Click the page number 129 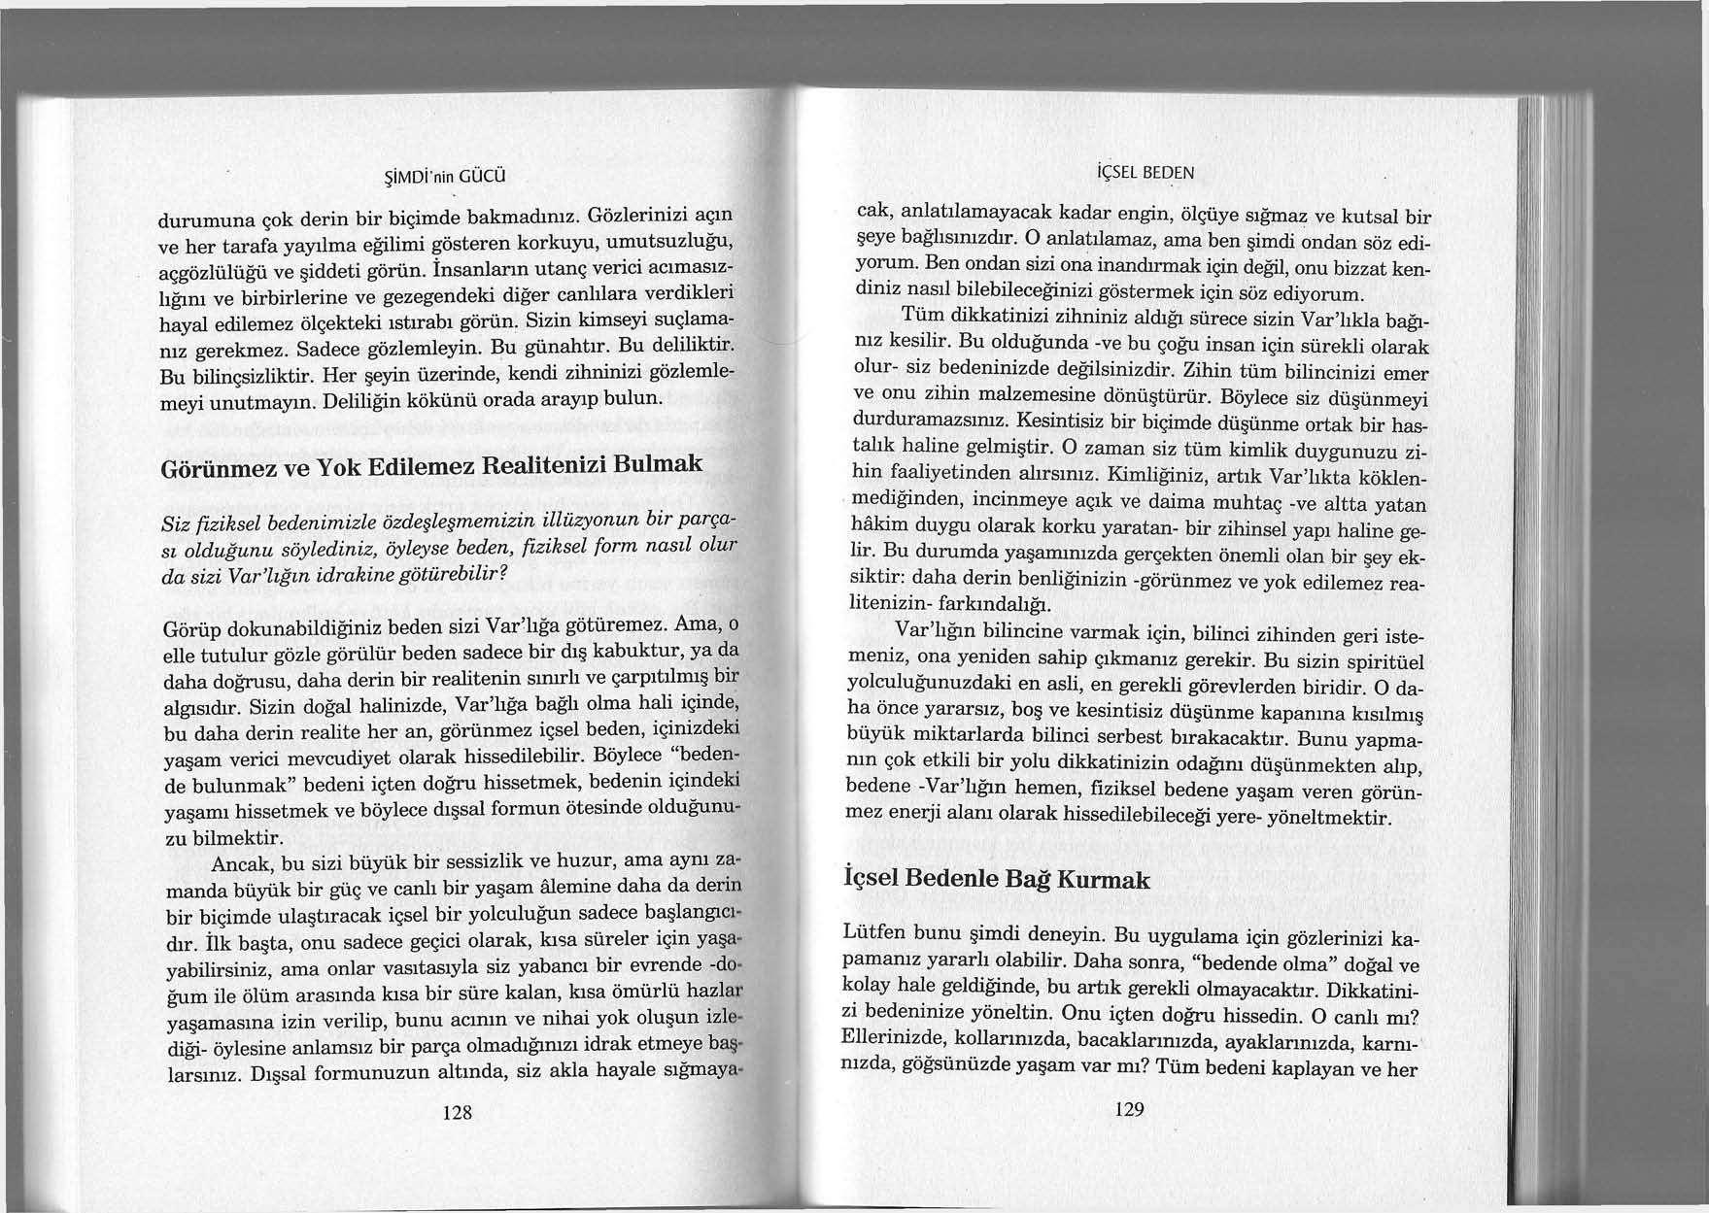pyautogui.click(x=1129, y=1109)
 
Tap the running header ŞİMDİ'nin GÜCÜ pyautogui.click(x=442, y=177)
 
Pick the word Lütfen pyautogui.click(x=876, y=934)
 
